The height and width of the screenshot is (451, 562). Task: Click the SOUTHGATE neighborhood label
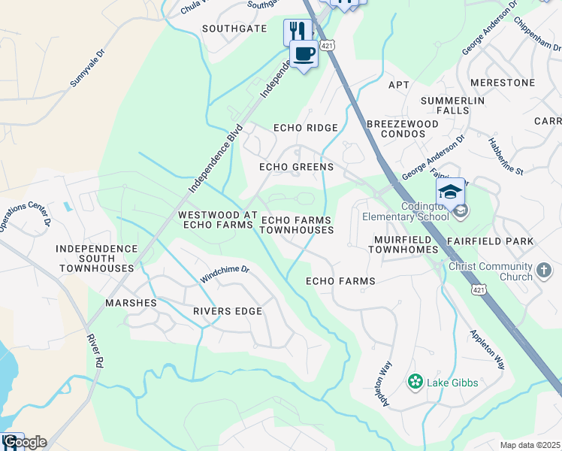[235, 29]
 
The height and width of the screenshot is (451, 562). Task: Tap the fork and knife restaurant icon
[298, 32]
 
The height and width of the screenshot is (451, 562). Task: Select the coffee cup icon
[304, 54]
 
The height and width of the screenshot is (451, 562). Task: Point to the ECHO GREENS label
[296, 167]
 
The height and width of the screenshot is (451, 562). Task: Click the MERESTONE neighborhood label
[502, 82]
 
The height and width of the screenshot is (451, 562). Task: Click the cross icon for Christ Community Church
[545, 269]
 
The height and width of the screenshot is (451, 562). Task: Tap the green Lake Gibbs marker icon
[414, 383]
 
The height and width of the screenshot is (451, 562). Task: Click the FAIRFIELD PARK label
[489, 241]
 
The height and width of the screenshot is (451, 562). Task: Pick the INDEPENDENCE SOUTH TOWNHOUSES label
[98, 258]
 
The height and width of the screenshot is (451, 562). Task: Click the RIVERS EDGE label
[228, 311]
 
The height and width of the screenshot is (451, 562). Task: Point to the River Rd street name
[95, 351]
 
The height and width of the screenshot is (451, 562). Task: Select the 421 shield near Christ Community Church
[478, 289]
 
